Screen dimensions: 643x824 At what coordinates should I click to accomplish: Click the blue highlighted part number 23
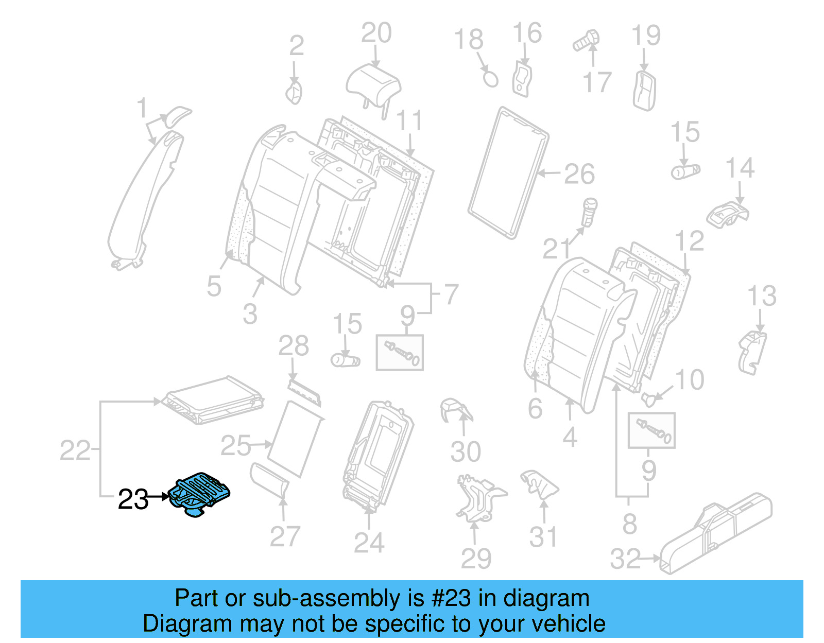(199, 493)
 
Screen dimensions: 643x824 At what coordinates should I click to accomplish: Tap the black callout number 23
(133, 499)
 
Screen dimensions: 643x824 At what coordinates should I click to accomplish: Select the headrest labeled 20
(373, 83)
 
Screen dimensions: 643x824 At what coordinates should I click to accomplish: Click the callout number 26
(579, 175)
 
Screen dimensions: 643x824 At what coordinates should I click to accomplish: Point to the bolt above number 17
(587, 40)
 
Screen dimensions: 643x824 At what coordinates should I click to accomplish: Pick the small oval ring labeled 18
(490, 79)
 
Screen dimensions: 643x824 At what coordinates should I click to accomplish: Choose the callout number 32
(625, 559)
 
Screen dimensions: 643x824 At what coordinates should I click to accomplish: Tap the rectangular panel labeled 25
(296, 439)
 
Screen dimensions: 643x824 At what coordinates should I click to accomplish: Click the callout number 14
(740, 168)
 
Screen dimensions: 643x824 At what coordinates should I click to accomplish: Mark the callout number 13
(761, 296)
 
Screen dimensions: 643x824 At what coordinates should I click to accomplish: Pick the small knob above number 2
(294, 93)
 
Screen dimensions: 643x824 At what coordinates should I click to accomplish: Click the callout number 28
(293, 346)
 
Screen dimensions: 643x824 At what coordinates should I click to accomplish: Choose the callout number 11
(409, 121)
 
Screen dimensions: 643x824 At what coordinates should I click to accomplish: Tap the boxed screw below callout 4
(651, 430)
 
